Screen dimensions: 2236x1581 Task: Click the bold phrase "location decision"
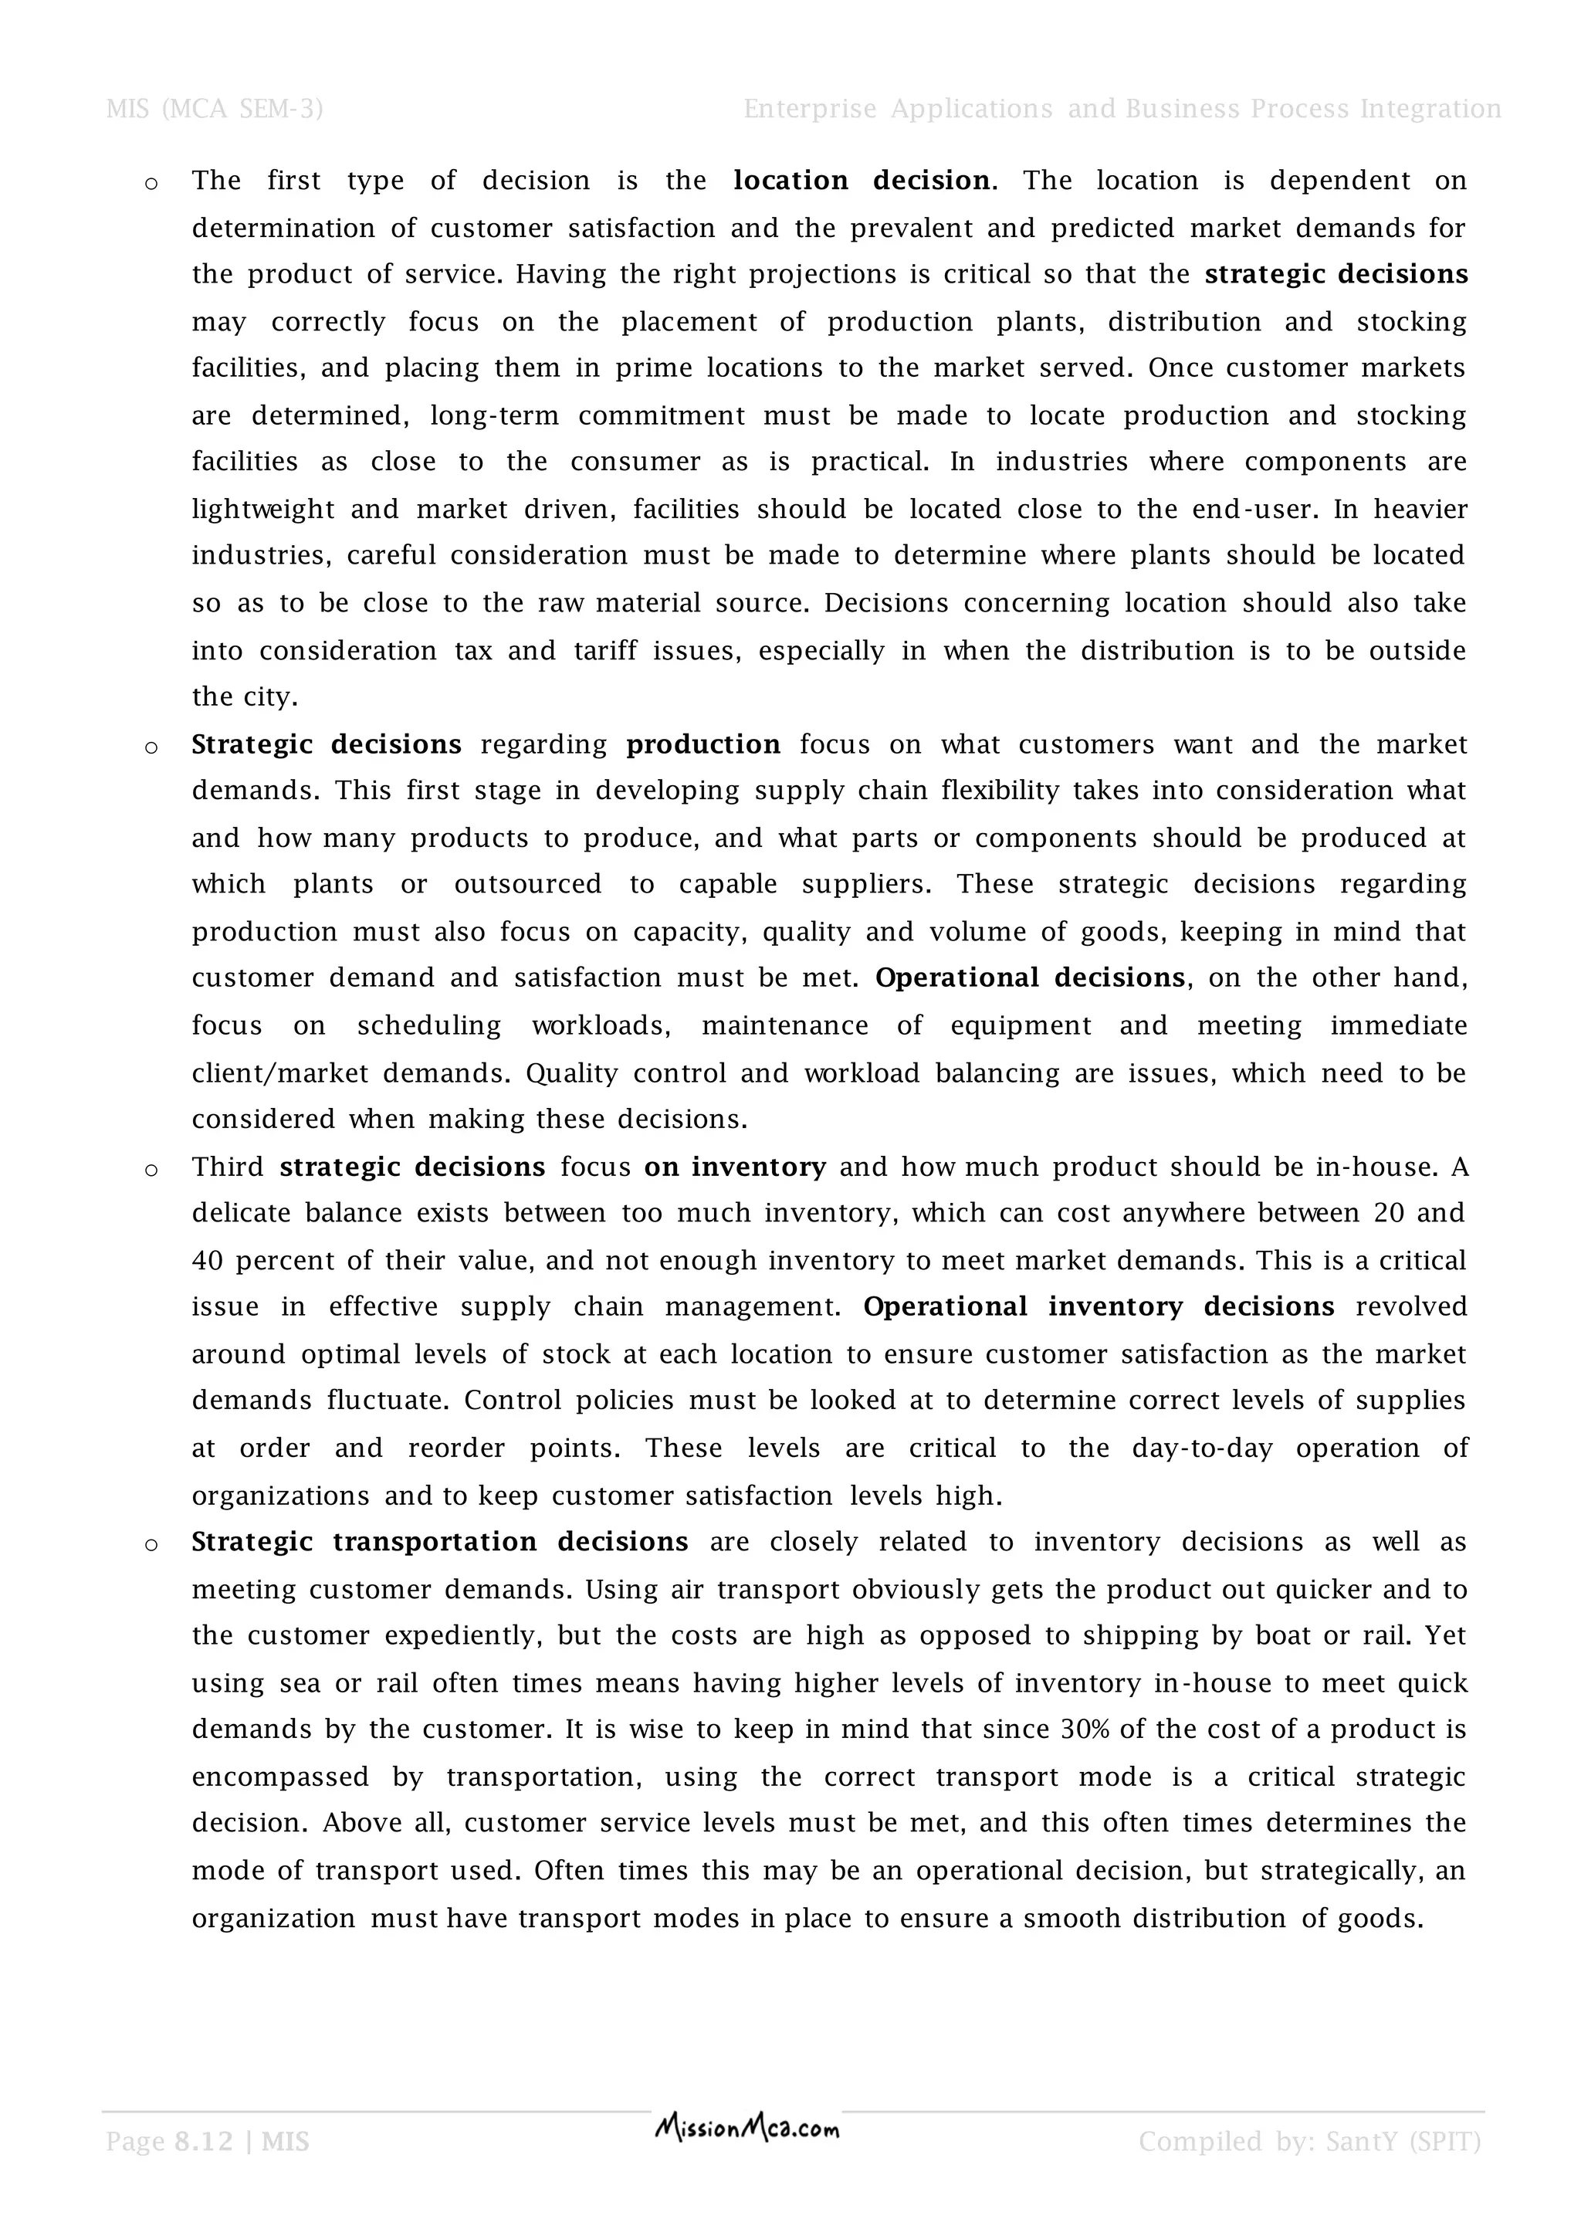862,181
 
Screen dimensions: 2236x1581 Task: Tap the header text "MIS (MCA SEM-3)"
214,109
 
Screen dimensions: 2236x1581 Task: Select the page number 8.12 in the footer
204,2142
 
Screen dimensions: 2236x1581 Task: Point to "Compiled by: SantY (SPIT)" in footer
1309,2142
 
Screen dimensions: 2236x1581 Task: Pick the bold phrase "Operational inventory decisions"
1099,1307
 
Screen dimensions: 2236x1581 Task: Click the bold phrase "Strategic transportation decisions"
439,1542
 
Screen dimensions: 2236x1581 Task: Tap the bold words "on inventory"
735,1167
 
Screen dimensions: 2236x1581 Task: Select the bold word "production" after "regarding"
703,745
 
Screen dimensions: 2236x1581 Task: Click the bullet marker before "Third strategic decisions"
151,1170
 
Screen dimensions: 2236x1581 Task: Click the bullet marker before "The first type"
151,184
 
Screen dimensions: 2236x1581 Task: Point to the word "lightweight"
262,510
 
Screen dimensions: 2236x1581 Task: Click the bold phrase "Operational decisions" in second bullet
1029,977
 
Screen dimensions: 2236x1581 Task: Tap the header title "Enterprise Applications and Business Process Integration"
1122,109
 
